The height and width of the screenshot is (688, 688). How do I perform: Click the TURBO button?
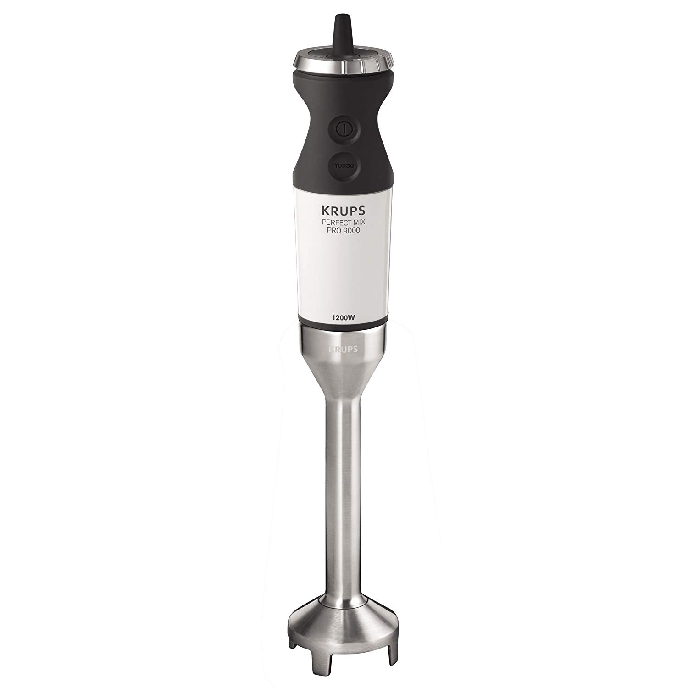point(344,166)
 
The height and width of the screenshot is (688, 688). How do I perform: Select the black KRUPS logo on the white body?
point(343,210)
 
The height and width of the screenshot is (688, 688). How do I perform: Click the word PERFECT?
point(334,222)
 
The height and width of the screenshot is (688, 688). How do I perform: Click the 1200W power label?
point(343,315)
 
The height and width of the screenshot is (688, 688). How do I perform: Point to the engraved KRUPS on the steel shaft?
point(343,349)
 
